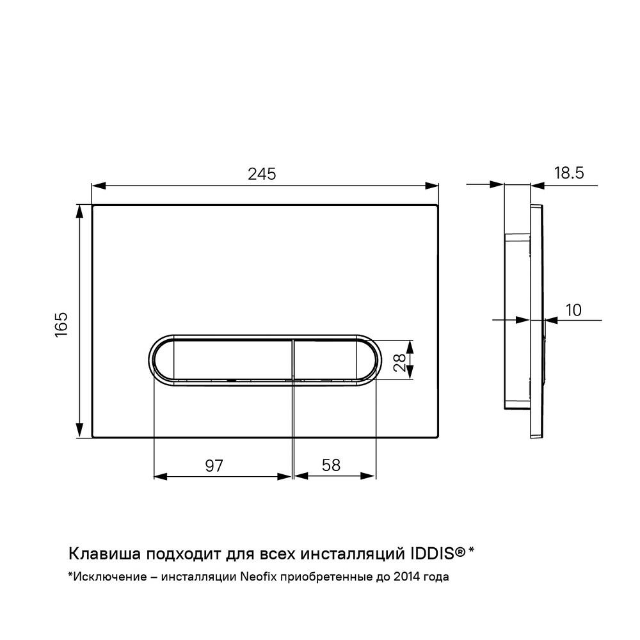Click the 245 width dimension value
coord(262,174)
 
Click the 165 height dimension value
coord(61,324)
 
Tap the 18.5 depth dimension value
coord(569,173)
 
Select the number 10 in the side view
coord(573,310)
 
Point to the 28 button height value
coord(399,362)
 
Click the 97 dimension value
coord(214,466)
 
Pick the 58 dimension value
coord(331,465)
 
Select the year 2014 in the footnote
coord(406,577)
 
